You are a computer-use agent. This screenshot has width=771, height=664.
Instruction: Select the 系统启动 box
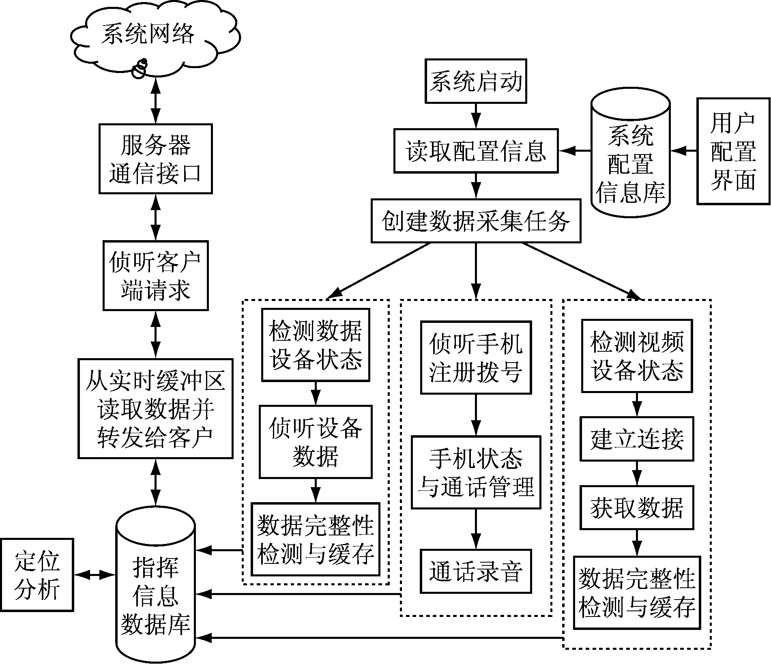(x=476, y=81)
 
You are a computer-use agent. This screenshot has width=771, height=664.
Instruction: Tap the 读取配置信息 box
(x=476, y=151)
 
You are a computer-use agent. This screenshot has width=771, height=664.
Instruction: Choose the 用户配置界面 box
(x=733, y=151)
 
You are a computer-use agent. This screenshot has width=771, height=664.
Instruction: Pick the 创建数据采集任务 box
(x=476, y=221)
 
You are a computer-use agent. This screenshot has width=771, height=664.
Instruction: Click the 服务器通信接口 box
(x=156, y=159)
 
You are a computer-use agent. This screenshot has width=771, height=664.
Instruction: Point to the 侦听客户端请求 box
(x=156, y=276)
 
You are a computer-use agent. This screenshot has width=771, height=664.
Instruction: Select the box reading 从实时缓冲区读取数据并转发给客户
(x=156, y=408)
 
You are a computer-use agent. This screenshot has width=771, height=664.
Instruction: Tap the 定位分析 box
(x=37, y=575)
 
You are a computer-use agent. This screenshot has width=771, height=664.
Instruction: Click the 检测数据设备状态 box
(x=316, y=345)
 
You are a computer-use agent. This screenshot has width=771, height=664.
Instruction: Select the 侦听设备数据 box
(x=316, y=442)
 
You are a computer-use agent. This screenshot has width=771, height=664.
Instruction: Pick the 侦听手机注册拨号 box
(x=476, y=358)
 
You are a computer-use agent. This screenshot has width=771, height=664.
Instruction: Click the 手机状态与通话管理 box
(x=476, y=472)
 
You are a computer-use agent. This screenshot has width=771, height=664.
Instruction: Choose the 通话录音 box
(x=476, y=571)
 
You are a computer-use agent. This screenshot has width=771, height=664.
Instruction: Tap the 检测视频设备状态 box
(x=637, y=356)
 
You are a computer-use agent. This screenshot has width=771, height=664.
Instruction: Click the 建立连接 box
(x=637, y=438)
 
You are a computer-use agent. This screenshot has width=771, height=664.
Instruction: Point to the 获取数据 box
(x=637, y=507)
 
